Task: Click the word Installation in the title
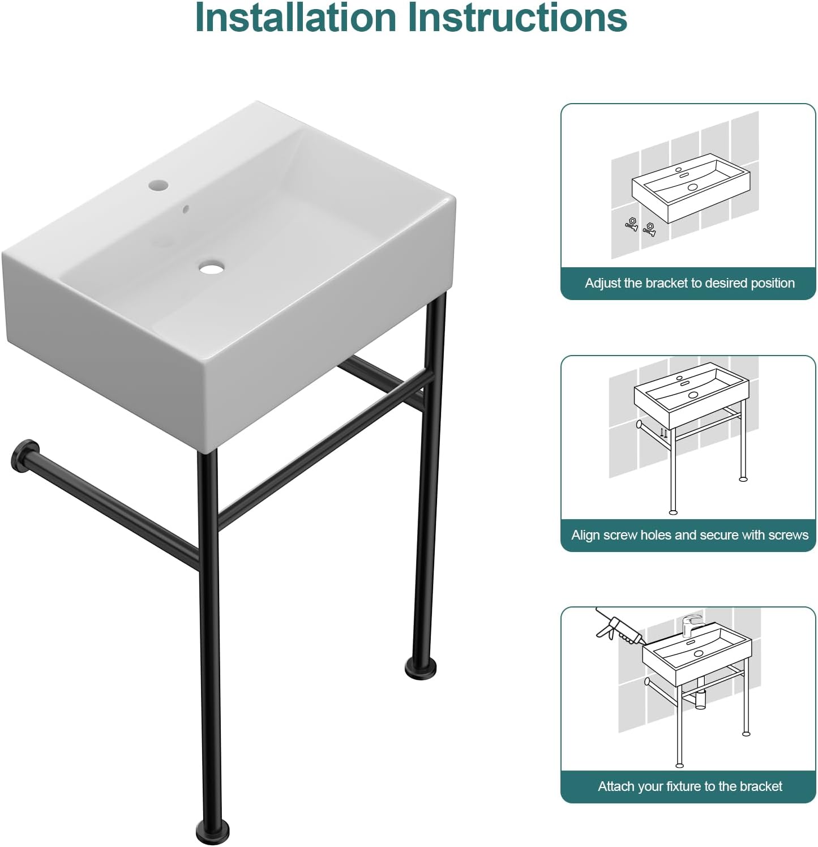click(295, 18)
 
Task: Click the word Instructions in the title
click(517, 18)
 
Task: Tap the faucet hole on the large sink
click(158, 185)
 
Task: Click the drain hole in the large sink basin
click(212, 267)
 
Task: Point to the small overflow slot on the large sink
click(185, 209)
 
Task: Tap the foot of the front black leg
click(213, 831)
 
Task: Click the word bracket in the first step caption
click(664, 283)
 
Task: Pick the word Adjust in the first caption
click(602, 283)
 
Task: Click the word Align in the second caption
click(586, 535)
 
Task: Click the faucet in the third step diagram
click(691, 624)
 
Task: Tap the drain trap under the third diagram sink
click(700, 699)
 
